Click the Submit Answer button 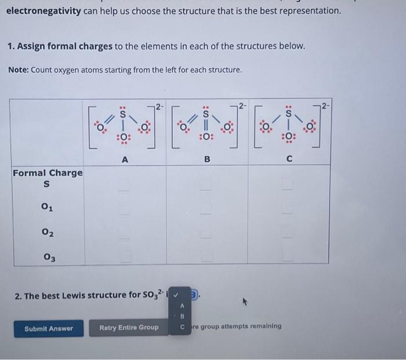tap(49, 328)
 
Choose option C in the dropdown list tap(182, 327)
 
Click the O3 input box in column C tap(289, 254)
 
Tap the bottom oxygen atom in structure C tap(288, 137)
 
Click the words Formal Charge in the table tap(48, 173)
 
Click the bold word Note tap(18, 70)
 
